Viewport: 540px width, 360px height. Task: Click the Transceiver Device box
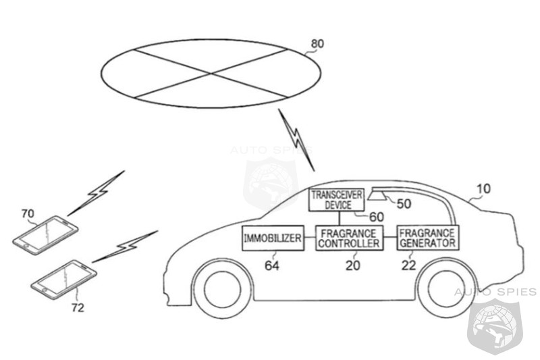click(336, 200)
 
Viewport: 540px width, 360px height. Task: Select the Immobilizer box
click(273, 238)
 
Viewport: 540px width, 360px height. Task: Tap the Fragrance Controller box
click(349, 238)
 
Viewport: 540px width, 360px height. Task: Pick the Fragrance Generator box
click(427, 238)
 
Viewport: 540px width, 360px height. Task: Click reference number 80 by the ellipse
click(317, 44)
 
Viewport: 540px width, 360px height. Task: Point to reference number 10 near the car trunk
click(483, 189)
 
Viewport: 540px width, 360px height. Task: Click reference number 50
click(404, 203)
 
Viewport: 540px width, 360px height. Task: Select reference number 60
click(377, 217)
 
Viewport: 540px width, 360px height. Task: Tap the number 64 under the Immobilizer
click(272, 265)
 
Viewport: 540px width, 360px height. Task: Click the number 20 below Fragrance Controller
click(352, 265)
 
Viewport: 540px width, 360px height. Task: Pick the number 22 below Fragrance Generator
click(408, 265)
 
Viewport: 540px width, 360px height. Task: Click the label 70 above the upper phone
click(28, 214)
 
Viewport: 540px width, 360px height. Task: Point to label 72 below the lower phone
click(78, 307)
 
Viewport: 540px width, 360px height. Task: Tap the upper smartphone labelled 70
click(45, 235)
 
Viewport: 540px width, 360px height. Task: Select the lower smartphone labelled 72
click(63, 280)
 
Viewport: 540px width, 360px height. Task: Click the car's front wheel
click(223, 288)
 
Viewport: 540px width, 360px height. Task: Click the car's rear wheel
click(446, 288)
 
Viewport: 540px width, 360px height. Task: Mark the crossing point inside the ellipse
click(211, 74)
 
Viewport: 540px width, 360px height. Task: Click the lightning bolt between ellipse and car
click(296, 140)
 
